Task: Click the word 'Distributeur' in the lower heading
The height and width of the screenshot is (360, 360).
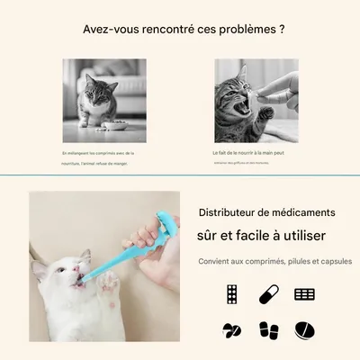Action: [229, 212]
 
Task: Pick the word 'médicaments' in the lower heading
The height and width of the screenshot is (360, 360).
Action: [301, 212]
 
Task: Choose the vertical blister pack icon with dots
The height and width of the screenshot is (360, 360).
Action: [232, 294]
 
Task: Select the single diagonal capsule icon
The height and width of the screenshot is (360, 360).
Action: [268, 294]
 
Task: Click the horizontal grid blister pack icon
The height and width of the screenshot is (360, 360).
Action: [305, 294]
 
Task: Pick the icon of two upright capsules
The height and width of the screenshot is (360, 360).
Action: [268, 330]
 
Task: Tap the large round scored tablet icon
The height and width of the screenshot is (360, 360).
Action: [305, 330]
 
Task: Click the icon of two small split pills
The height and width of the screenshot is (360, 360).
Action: [232, 330]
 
